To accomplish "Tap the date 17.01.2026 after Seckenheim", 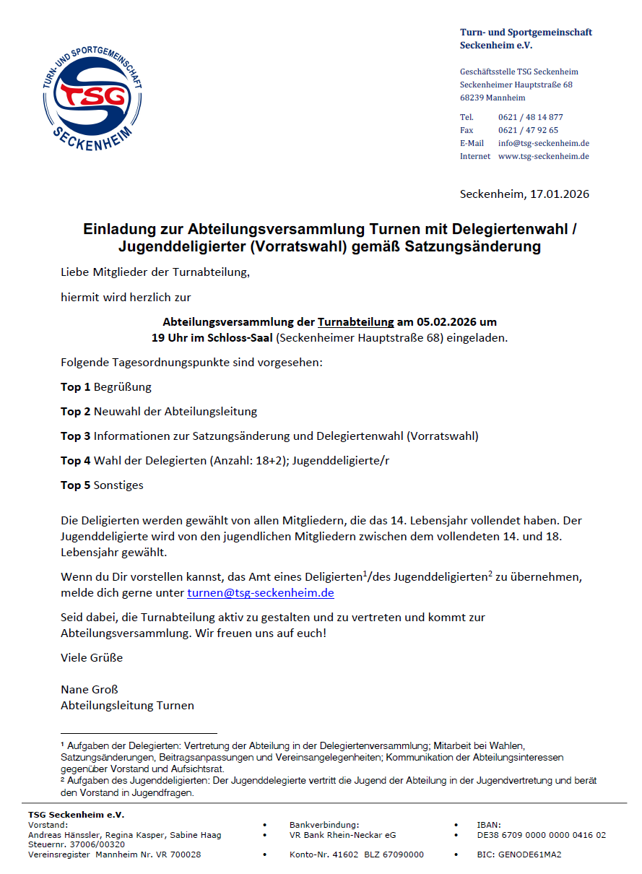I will tap(560, 194).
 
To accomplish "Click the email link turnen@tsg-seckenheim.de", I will tap(260, 593).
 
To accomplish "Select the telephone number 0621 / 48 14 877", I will tap(531, 117).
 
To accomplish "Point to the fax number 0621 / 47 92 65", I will tap(528, 130).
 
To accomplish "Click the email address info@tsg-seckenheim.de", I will tap(544, 143).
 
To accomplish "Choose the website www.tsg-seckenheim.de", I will tap(544, 156).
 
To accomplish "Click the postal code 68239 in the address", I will tap(472, 98).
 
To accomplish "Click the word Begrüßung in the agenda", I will tap(123, 387).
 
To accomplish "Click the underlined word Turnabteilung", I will tap(356, 322).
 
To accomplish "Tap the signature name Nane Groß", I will tap(89, 689).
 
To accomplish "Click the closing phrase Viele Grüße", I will tap(92, 657).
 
